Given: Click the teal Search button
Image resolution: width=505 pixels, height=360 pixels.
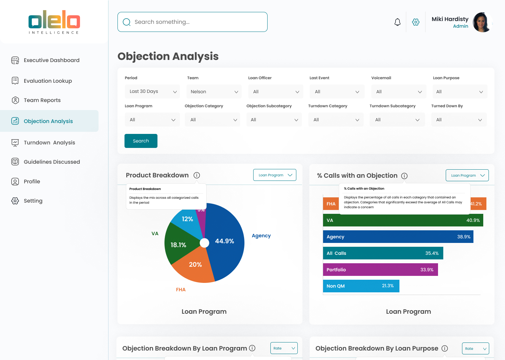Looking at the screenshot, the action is (x=141, y=141).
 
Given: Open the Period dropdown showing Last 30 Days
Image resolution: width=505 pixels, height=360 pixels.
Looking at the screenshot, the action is (x=152, y=91).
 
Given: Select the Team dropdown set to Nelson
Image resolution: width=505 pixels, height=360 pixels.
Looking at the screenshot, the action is (x=214, y=91).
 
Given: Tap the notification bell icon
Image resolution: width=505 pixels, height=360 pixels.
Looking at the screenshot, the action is (x=397, y=22).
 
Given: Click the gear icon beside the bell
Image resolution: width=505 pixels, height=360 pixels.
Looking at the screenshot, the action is (x=416, y=22).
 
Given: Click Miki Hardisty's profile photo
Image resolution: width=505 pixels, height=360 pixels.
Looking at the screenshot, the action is (x=482, y=22).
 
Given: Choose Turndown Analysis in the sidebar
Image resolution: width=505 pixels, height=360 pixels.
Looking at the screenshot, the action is (x=49, y=143).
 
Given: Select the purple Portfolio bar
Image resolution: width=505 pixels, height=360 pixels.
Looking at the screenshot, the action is (x=380, y=270).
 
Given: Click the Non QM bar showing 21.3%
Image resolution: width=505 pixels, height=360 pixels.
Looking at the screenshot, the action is (x=361, y=286).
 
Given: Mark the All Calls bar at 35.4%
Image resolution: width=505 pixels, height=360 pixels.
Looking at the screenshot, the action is (x=383, y=253).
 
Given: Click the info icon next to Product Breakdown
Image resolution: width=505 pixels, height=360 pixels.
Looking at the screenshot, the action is (x=197, y=175).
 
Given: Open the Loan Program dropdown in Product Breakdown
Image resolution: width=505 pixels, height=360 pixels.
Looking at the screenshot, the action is (x=275, y=175).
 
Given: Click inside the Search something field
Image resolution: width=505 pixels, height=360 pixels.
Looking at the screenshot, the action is (x=192, y=22).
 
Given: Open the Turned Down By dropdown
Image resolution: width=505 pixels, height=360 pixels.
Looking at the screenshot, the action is (x=459, y=120).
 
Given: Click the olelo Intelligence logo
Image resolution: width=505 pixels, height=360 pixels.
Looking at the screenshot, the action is (x=54, y=22).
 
